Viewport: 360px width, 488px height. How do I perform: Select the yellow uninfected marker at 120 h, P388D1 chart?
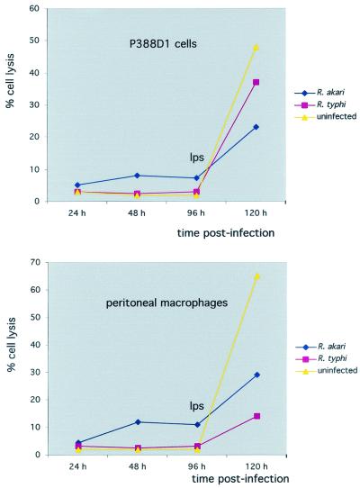click(x=256, y=47)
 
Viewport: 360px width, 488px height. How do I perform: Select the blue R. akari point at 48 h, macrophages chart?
click(x=137, y=421)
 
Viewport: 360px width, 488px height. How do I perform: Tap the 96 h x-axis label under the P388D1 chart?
click(x=196, y=216)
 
